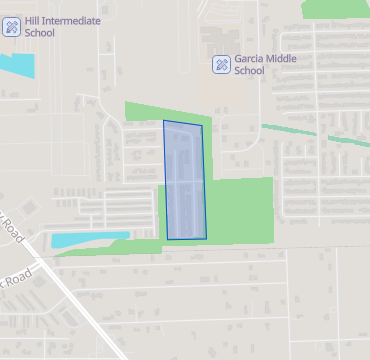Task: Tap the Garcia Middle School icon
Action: tap(222, 65)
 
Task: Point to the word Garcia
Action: tap(251, 59)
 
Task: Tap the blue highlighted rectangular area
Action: tap(185, 180)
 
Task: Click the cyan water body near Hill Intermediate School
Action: tap(14, 63)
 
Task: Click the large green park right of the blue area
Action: tap(240, 210)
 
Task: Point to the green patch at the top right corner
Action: tap(335, 8)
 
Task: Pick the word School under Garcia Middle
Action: tap(249, 71)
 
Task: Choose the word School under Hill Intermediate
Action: tap(39, 33)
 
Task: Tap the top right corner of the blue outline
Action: tap(202, 126)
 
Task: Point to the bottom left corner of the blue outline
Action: tap(167, 239)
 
